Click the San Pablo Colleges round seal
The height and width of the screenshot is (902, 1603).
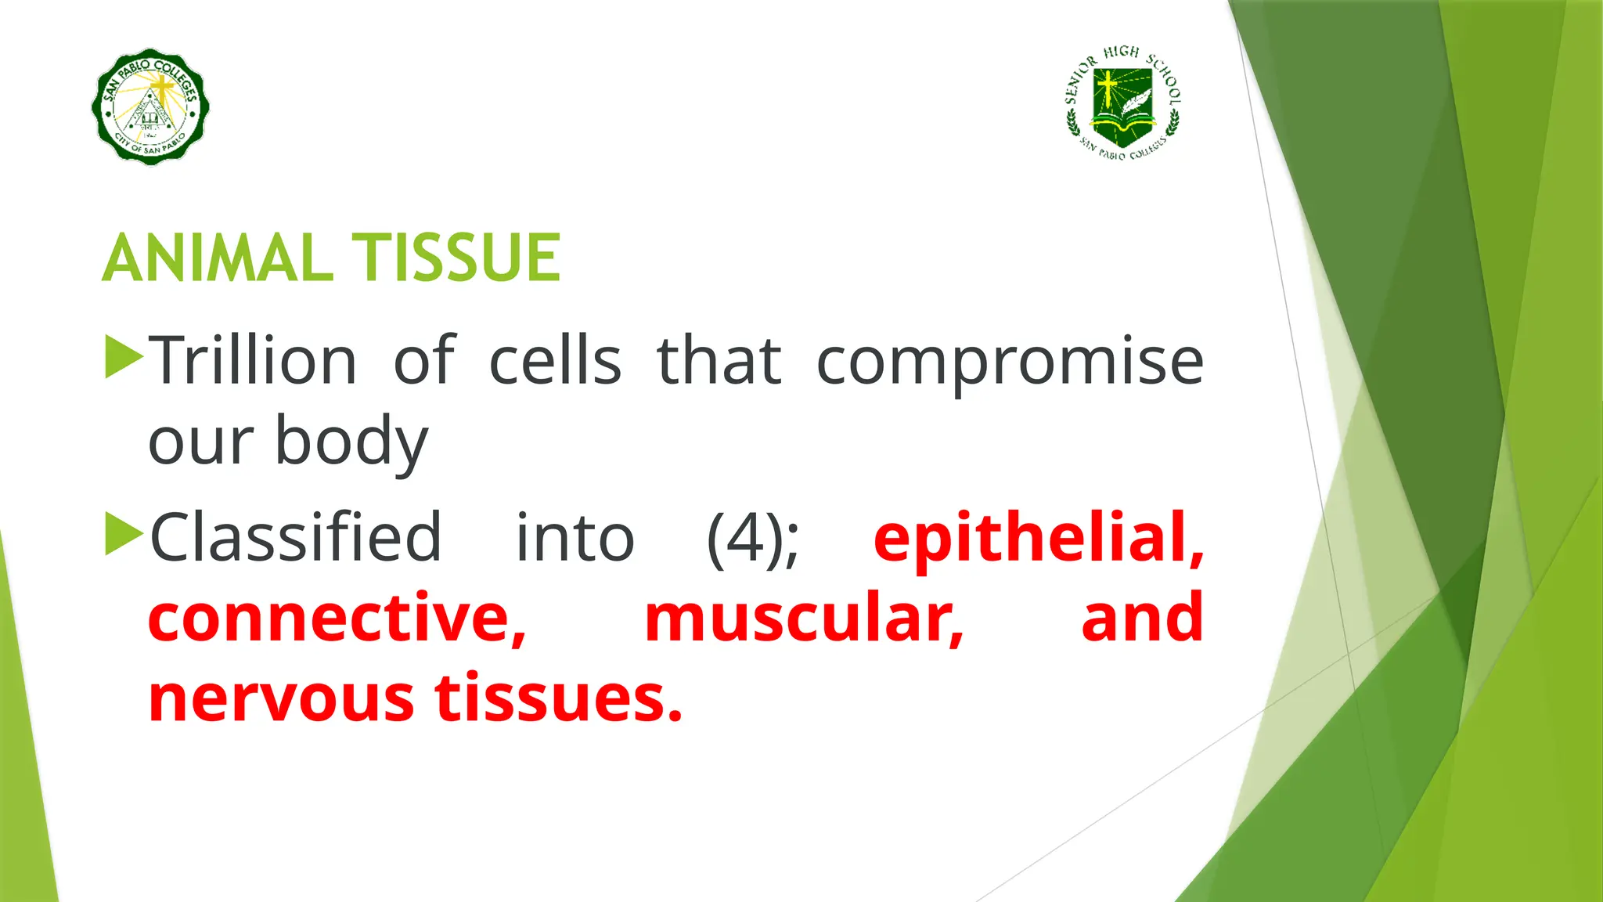tap(150, 107)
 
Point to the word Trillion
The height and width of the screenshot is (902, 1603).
tap(252, 361)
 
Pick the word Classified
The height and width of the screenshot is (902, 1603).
tap(295, 537)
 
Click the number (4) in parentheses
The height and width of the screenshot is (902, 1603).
tap(751, 539)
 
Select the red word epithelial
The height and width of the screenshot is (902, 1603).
tap(1037, 539)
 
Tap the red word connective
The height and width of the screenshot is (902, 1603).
tap(337, 619)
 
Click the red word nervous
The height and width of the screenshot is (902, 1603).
tap(280, 698)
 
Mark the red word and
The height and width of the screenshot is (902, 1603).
tap(1141, 619)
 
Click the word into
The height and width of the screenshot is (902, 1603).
tap(575, 539)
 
